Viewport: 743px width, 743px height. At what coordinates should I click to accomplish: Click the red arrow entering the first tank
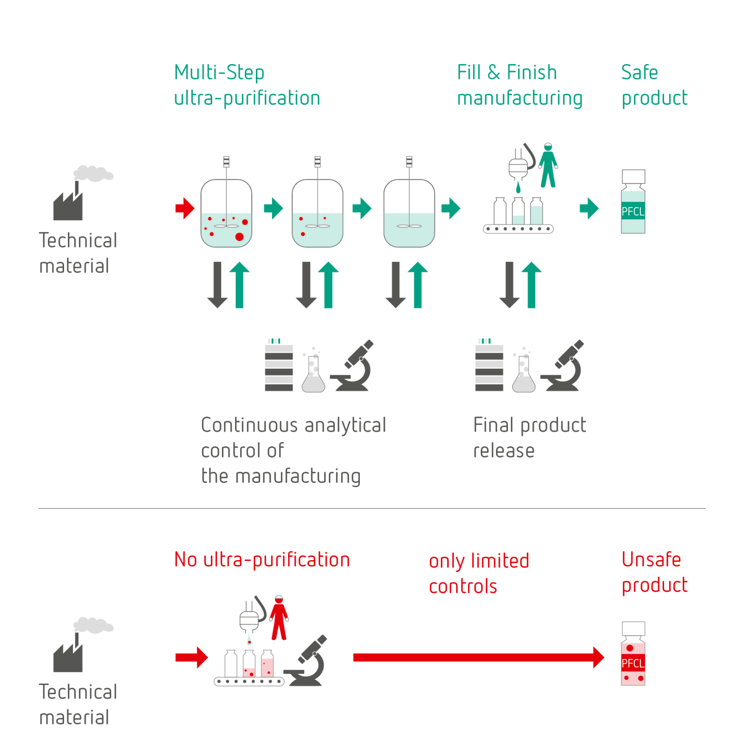coord(185,208)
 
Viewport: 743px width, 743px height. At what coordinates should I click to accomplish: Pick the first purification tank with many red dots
coord(226,214)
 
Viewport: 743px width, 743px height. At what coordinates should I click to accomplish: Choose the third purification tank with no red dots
coord(409,214)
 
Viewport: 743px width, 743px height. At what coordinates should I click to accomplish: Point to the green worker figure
coord(548,165)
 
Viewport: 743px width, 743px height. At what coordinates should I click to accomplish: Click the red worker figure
coord(279,618)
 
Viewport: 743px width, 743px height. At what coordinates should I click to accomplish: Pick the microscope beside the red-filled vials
coord(306,662)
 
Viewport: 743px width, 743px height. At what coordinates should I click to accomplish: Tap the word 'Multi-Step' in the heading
coord(219,73)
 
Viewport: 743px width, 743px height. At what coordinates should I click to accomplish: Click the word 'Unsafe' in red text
coord(651,560)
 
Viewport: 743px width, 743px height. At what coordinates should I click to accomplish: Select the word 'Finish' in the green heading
coord(532,73)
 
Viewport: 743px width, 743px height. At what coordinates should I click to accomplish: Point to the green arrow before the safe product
coord(589,208)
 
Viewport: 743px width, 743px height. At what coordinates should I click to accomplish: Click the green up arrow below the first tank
coord(240,284)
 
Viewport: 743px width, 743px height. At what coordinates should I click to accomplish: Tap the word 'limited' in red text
coord(500,561)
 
